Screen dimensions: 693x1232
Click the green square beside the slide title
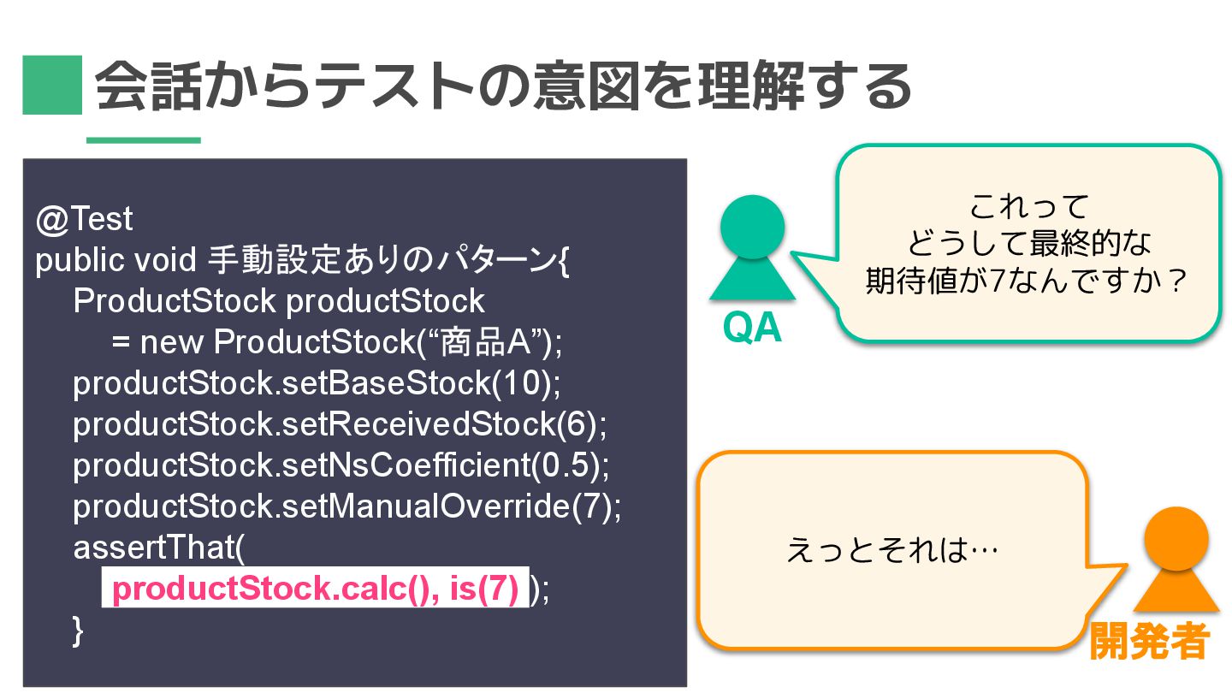[51, 85]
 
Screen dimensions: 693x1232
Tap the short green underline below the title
[143, 139]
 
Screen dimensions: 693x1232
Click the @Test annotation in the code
[85, 220]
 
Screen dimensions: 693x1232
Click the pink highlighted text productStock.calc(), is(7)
[315, 589]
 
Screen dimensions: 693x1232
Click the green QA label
[752, 328]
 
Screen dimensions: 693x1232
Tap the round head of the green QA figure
[752, 227]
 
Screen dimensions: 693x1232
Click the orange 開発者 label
[1148, 641]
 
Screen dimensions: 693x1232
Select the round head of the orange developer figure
[1176, 538]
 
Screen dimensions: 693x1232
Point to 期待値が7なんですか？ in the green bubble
[1027, 280]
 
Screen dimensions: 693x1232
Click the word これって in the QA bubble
[1029, 206]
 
